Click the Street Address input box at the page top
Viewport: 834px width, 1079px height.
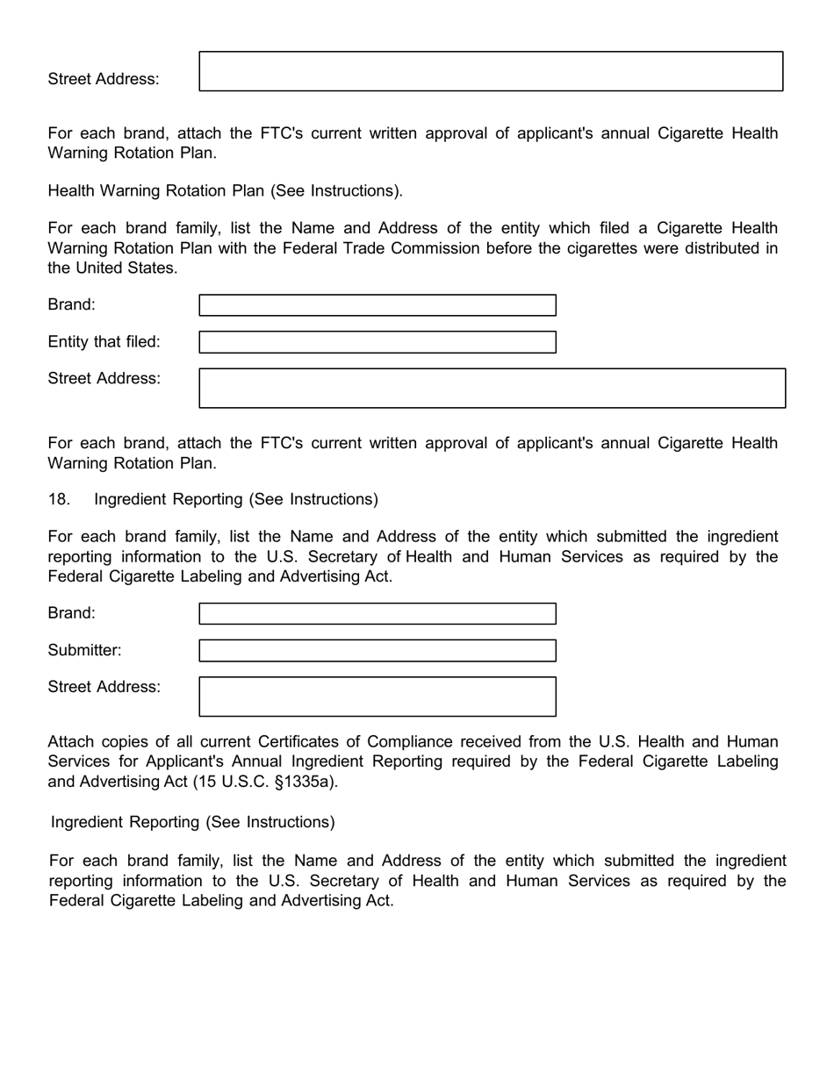[x=491, y=71]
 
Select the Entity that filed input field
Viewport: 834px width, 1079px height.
[x=377, y=342]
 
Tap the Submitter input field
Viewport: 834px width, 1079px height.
[x=377, y=651]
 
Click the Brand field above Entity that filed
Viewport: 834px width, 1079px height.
[x=377, y=305]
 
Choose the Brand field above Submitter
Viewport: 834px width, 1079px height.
[x=377, y=614]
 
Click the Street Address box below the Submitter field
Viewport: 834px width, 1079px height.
[x=377, y=697]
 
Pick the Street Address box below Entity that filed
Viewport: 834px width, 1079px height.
[x=492, y=389]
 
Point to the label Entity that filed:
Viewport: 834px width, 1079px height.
[x=104, y=342]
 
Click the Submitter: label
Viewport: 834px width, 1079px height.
[x=84, y=651]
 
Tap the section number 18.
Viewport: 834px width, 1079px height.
[x=58, y=499]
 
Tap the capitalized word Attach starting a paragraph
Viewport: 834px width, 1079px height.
[x=71, y=742]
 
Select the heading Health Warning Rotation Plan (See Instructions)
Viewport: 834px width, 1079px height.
[x=225, y=190]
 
